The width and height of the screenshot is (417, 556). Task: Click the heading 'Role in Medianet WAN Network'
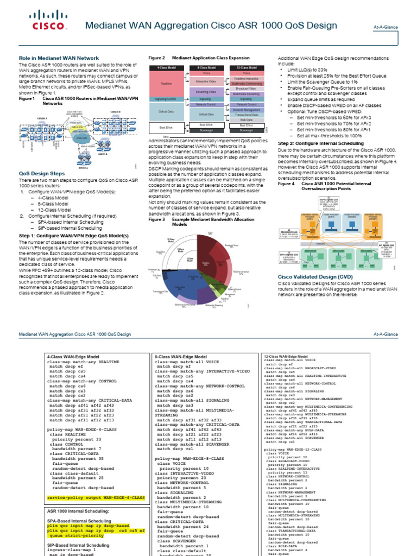coord(59,58)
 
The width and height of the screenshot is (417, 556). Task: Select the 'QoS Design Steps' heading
coord(42,174)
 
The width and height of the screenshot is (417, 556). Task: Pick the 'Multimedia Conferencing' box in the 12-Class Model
coord(247,84)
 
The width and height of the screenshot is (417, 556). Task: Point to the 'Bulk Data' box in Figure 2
coord(247,119)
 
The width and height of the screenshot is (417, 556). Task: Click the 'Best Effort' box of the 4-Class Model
coord(166,128)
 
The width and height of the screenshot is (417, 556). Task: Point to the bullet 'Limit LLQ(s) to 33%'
coord(307,70)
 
